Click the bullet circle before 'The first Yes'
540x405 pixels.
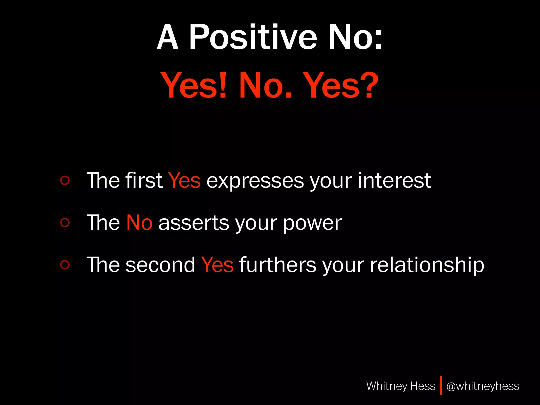[65, 181]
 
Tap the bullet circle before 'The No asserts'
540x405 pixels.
[65, 223]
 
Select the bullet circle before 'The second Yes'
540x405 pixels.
[65, 264]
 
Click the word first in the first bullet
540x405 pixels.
[144, 181]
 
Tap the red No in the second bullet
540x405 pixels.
[139, 223]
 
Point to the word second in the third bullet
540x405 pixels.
[160, 265]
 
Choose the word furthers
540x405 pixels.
[277, 264]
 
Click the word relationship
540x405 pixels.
[427, 265]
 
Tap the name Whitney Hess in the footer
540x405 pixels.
[401, 386]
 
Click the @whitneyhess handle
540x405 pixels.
[483, 386]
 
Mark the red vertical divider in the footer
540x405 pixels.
[441, 385]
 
